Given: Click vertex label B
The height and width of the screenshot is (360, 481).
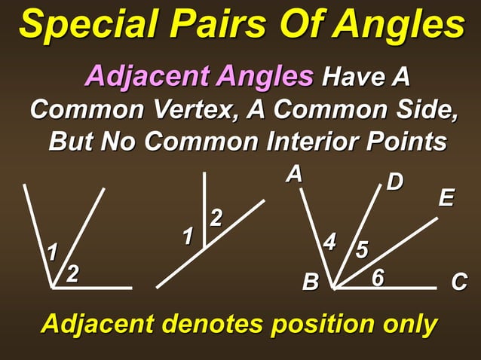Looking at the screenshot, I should point(310,283).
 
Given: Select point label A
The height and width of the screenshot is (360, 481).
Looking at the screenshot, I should point(294,175).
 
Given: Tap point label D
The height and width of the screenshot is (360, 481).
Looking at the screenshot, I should point(395,182).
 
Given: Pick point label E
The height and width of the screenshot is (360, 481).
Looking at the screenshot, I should point(446,199).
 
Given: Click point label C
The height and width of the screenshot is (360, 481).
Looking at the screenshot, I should point(459,283).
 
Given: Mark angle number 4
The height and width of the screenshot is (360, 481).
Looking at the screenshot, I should point(330,243).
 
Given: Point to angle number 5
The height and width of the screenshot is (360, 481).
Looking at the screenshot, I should point(362,250).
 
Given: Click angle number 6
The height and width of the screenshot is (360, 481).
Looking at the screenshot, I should point(378,278).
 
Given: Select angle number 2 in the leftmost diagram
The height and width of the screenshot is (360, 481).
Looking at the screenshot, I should point(72,273).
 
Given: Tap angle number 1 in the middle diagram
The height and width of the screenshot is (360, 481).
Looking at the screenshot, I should point(188,237).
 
